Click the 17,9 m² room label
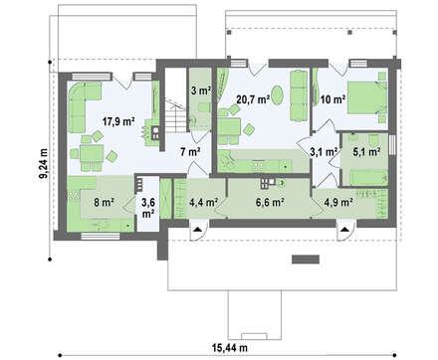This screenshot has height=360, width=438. tap(118, 121)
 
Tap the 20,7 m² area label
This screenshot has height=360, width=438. tap(253, 98)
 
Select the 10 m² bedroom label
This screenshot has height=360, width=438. tap(332, 99)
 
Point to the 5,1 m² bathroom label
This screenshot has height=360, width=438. tap(366, 152)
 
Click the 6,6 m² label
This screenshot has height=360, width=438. tap(269, 202)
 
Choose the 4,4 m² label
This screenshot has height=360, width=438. tap(203, 202)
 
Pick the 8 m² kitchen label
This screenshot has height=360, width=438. tap(104, 202)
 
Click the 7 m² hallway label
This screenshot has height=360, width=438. tap(190, 152)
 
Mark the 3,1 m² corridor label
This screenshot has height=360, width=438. tap(324, 152)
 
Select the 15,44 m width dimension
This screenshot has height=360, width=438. tap(230, 348)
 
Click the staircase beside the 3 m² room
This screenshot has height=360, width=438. tap(175, 115)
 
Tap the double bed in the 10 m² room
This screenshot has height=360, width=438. tap(366, 97)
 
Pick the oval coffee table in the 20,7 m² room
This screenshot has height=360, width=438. tap(278, 94)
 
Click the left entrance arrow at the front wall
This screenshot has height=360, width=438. tap(197, 229)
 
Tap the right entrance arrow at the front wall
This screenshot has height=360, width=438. tap(344, 229)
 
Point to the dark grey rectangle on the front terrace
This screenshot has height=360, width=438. tap(306, 260)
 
